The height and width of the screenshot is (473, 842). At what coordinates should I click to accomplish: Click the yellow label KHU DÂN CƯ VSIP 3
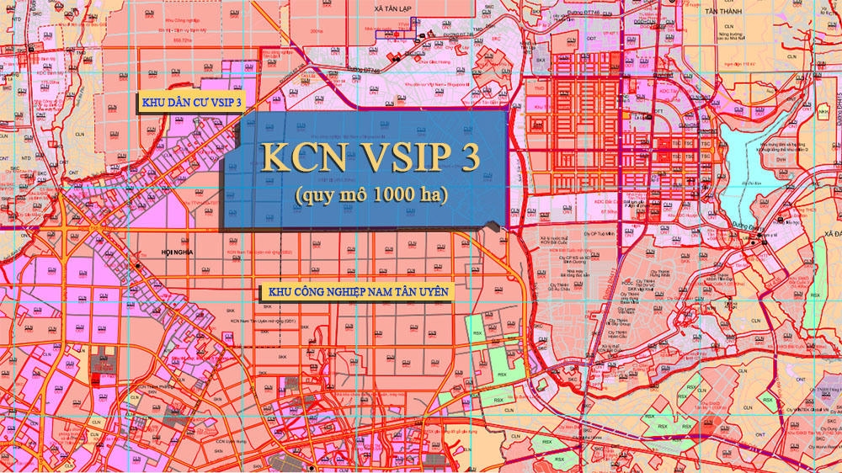click(x=192, y=102)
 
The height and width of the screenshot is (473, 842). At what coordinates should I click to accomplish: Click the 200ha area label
click(x=317, y=30)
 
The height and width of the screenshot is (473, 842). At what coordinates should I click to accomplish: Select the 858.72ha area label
click(x=182, y=40)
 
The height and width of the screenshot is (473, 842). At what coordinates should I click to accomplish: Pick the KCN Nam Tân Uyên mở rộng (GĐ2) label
click(x=261, y=252)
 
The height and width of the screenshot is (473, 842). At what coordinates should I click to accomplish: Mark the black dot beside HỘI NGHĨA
click(x=137, y=266)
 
